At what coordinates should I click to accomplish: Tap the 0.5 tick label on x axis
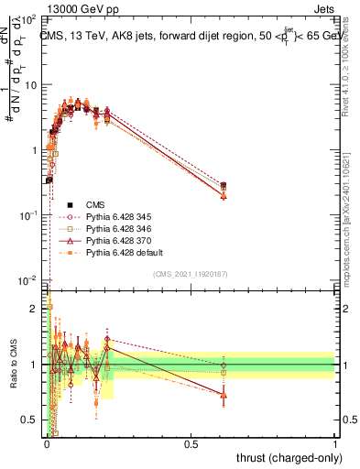click(191, 444)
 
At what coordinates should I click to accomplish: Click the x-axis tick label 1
click(335, 444)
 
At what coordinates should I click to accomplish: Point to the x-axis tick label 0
click(46, 444)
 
